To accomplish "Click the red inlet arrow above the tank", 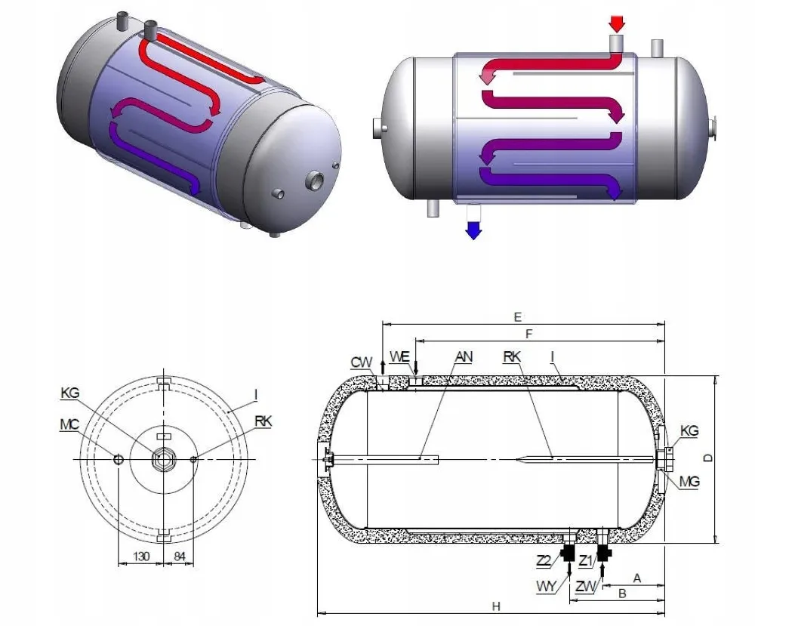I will pos(617,23).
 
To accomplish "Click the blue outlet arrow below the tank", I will pos(473,230).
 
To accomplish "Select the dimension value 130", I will pos(142,557).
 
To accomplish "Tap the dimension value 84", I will pos(180,557).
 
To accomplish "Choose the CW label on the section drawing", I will pos(362,362).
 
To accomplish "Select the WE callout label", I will pos(399,356).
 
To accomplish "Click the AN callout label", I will pos(464,356).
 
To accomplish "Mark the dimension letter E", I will pos(517,316).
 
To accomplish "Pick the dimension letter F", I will pos(529,333).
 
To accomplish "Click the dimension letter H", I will pos(496,606).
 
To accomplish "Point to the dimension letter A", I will pos(636,578).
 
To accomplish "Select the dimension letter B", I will pos(622,594).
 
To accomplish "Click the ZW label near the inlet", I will pos(584,586).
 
